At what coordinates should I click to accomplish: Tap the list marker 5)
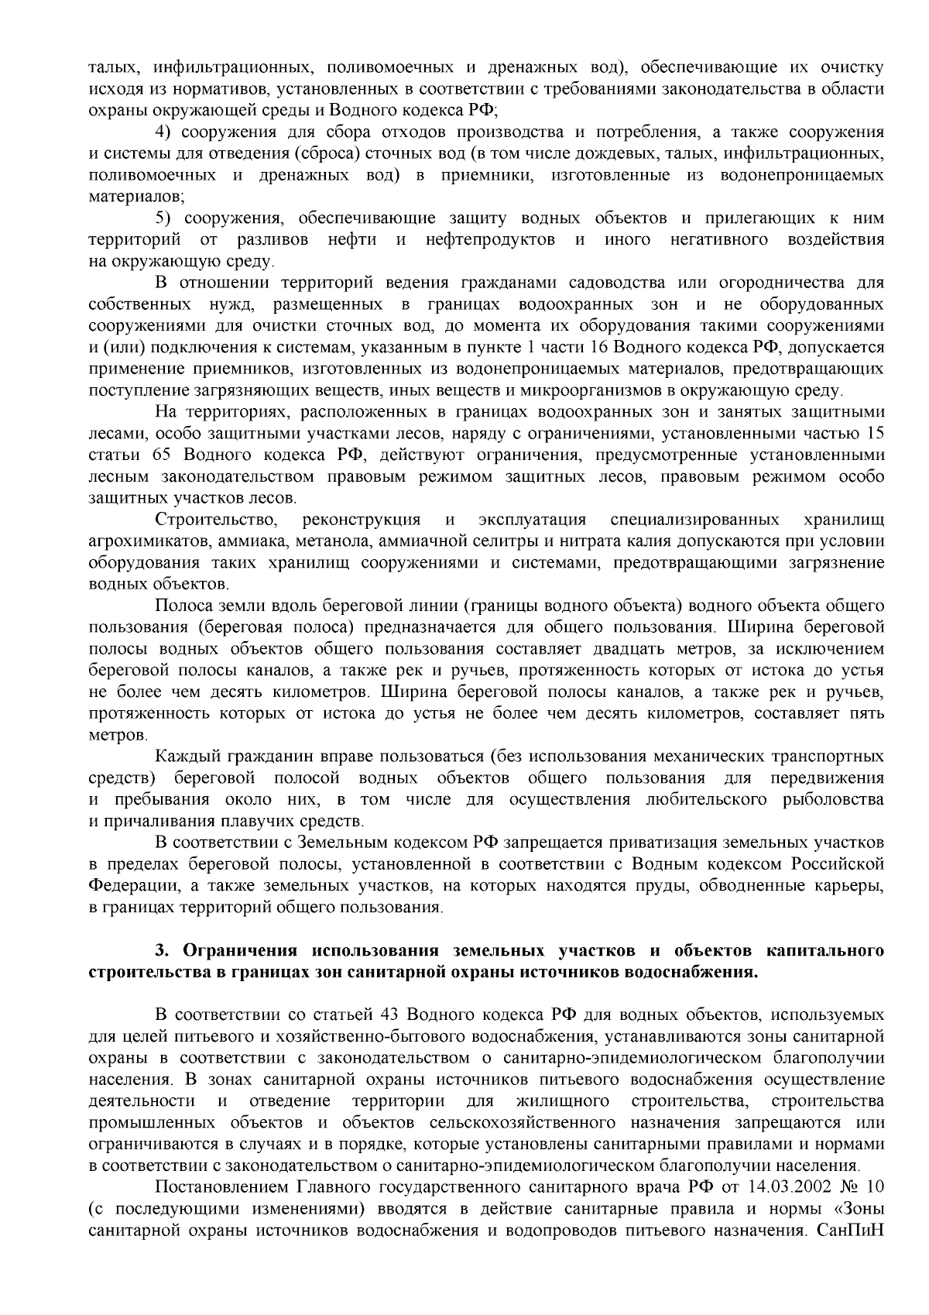click(163, 218)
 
